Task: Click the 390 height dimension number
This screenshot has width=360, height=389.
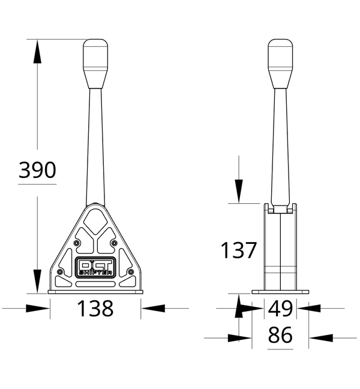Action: (x=37, y=170)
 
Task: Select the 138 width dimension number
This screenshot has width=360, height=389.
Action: (x=95, y=309)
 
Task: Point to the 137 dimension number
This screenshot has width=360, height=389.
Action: (x=238, y=250)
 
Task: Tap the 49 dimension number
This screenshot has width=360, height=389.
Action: (x=280, y=309)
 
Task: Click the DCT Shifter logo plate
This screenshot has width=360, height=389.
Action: (x=95, y=267)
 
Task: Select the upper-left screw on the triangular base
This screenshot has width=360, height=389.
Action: (x=77, y=243)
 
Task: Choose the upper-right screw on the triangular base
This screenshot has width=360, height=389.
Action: (x=114, y=243)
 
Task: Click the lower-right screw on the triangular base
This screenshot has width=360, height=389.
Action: (x=131, y=273)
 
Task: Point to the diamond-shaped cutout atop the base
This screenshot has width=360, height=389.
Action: (x=95, y=221)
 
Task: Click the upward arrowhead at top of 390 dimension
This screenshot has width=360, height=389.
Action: (x=37, y=50)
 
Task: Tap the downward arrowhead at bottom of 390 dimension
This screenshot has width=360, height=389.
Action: (x=37, y=282)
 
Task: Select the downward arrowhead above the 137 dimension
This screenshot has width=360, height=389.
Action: (x=239, y=191)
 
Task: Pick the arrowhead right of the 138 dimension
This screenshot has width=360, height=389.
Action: (x=152, y=308)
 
